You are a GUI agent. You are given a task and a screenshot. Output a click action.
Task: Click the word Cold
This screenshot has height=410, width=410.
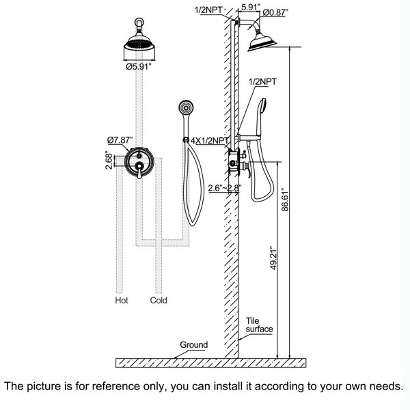tap(159, 300)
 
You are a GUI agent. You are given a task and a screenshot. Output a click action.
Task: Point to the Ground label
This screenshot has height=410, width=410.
tap(194, 345)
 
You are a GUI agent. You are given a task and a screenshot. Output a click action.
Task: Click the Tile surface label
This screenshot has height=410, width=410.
tap(260, 324)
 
